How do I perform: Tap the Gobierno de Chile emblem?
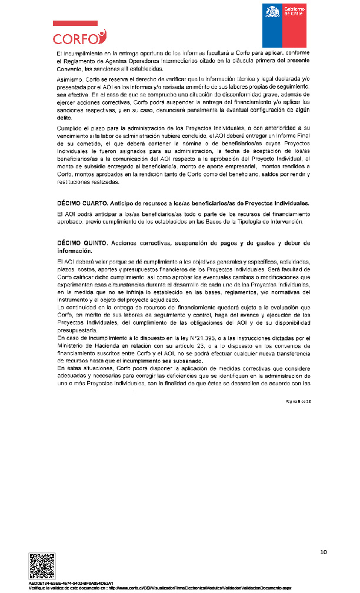pos(284,25)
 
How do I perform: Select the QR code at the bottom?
pos(43,566)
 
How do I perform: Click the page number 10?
pos(323,552)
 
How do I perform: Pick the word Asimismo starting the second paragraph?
pos(69,78)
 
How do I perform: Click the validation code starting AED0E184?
pos(71,582)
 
